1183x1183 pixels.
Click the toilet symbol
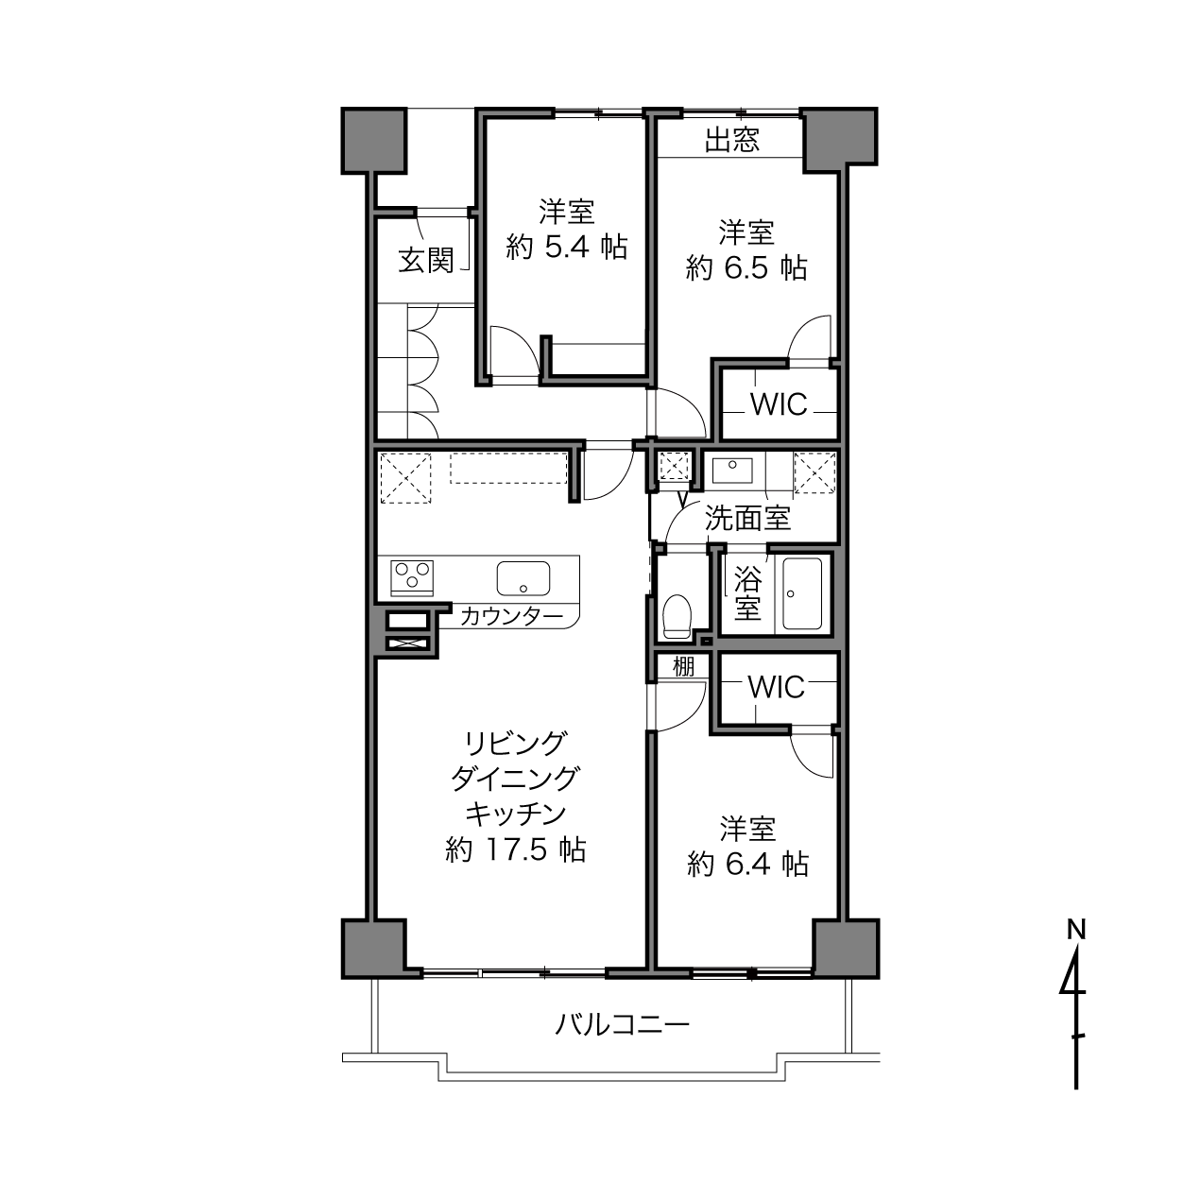[x=677, y=616]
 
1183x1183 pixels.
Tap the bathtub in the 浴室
[x=802, y=593]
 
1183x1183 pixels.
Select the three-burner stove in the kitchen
[x=411, y=577]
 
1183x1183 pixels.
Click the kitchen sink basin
[x=523, y=578]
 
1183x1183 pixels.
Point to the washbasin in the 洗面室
[x=732, y=471]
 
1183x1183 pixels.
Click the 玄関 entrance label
[x=426, y=260]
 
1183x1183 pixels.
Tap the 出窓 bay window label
[x=731, y=139]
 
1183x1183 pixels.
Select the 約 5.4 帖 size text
[x=567, y=248]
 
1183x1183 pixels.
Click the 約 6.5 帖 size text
[x=746, y=268]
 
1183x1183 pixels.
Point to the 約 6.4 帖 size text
[x=747, y=865]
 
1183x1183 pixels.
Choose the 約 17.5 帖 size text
[x=516, y=849]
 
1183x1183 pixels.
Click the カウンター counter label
[x=511, y=616]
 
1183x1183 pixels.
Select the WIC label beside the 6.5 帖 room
[x=779, y=404]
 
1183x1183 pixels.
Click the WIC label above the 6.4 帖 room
[x=776, y=688]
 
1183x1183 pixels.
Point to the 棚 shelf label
[x=683, y=667]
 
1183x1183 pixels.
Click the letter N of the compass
[x=1076, y=930]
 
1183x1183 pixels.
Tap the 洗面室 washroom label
[x=747, y=518]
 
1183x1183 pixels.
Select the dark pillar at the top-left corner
[x=374, y=141]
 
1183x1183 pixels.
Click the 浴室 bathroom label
[x=747, y=592]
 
